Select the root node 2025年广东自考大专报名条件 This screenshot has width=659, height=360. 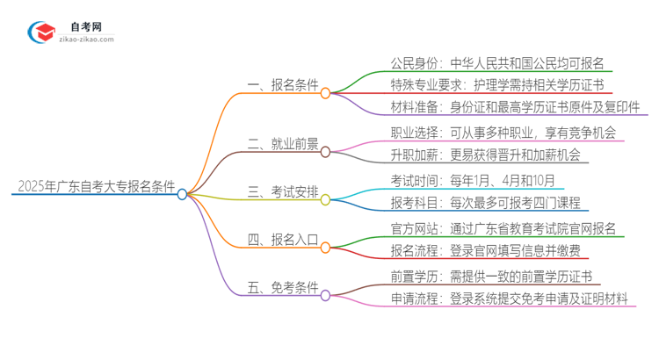[x=94, y=187]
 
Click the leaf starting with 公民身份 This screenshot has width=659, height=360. [x=502, y=64]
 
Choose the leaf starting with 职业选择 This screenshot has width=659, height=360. [x=503, y=133]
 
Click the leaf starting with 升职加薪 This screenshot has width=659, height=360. [x=485, y=155]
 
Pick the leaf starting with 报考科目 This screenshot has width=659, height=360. [x=485, y=203]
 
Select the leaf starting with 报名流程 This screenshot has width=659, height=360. [x=485, y=251]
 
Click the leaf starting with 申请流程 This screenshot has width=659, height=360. [x=510, y=299]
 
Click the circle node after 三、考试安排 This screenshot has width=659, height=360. [x=324, y=199]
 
